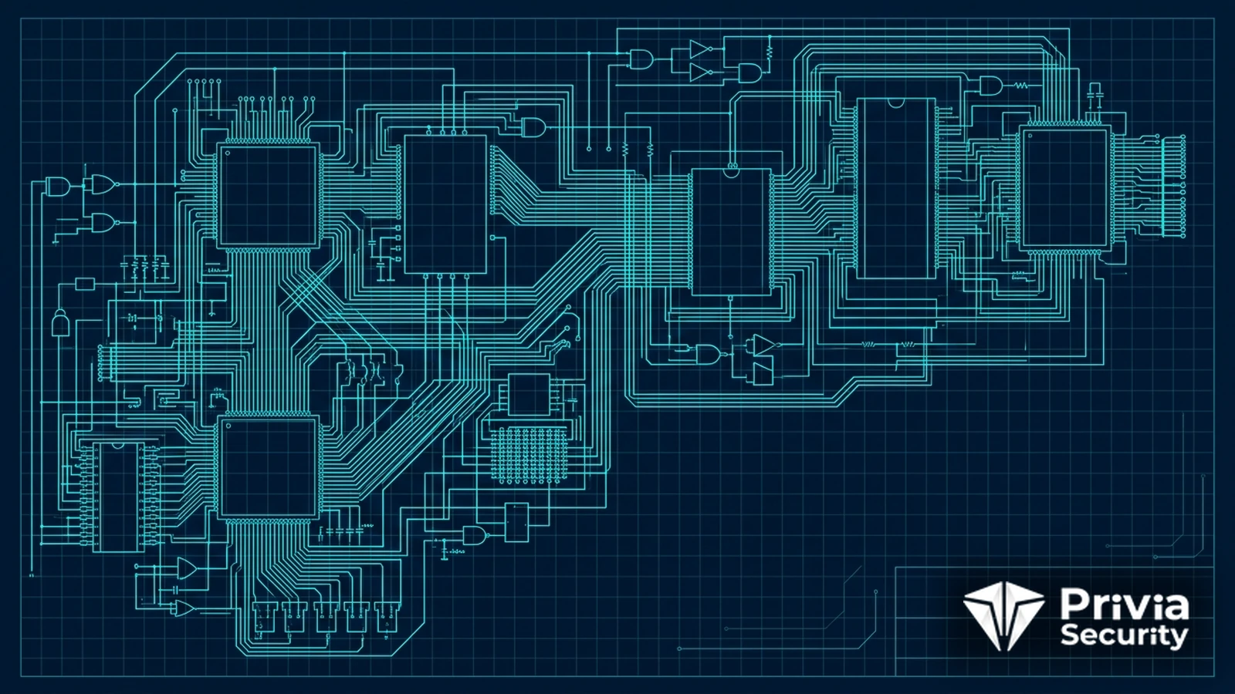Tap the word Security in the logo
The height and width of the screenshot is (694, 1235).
(1124, 636)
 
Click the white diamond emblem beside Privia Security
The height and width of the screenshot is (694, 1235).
(1004, 616)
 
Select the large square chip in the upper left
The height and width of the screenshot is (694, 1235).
(268, 196)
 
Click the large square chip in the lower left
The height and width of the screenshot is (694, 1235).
(268, 467)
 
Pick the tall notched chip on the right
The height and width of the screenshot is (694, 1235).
(896, 189)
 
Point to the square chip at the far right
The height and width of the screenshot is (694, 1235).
(1064, 188)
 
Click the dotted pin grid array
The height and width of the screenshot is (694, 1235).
(529, 456)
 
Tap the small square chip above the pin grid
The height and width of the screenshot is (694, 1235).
(530, 394)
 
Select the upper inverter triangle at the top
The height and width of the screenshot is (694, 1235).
(700, 49)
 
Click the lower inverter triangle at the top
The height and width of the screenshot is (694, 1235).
(700, 72)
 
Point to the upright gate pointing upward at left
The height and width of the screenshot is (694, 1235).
(59, 323)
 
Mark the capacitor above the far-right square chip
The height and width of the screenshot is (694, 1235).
(1095, 94)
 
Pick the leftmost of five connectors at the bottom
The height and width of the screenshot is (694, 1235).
(263, 617)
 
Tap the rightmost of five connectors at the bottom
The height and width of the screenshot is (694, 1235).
(387, 617)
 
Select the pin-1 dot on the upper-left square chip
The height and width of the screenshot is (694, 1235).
(227, 153)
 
